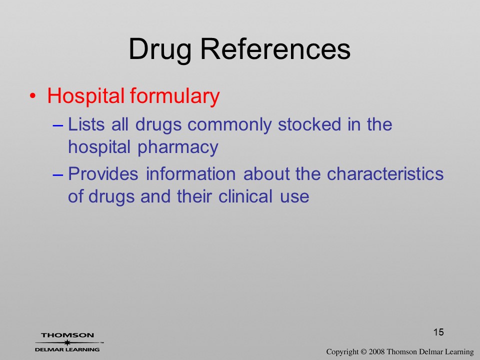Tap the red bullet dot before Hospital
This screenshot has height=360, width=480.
32,96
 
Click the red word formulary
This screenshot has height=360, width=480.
175,96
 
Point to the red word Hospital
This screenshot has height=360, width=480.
85,96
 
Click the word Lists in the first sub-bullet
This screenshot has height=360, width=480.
86,124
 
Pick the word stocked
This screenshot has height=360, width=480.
309,124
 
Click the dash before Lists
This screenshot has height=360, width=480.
58,125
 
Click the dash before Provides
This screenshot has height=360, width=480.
58,175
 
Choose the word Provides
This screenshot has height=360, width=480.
103,174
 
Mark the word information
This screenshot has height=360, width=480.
190,174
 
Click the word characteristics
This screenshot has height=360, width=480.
385,174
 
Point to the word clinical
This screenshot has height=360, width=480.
245,196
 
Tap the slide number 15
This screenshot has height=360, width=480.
438,332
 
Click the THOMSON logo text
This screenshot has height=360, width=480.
67,335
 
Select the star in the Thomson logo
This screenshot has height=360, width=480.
67,342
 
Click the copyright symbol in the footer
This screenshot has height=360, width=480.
363,352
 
